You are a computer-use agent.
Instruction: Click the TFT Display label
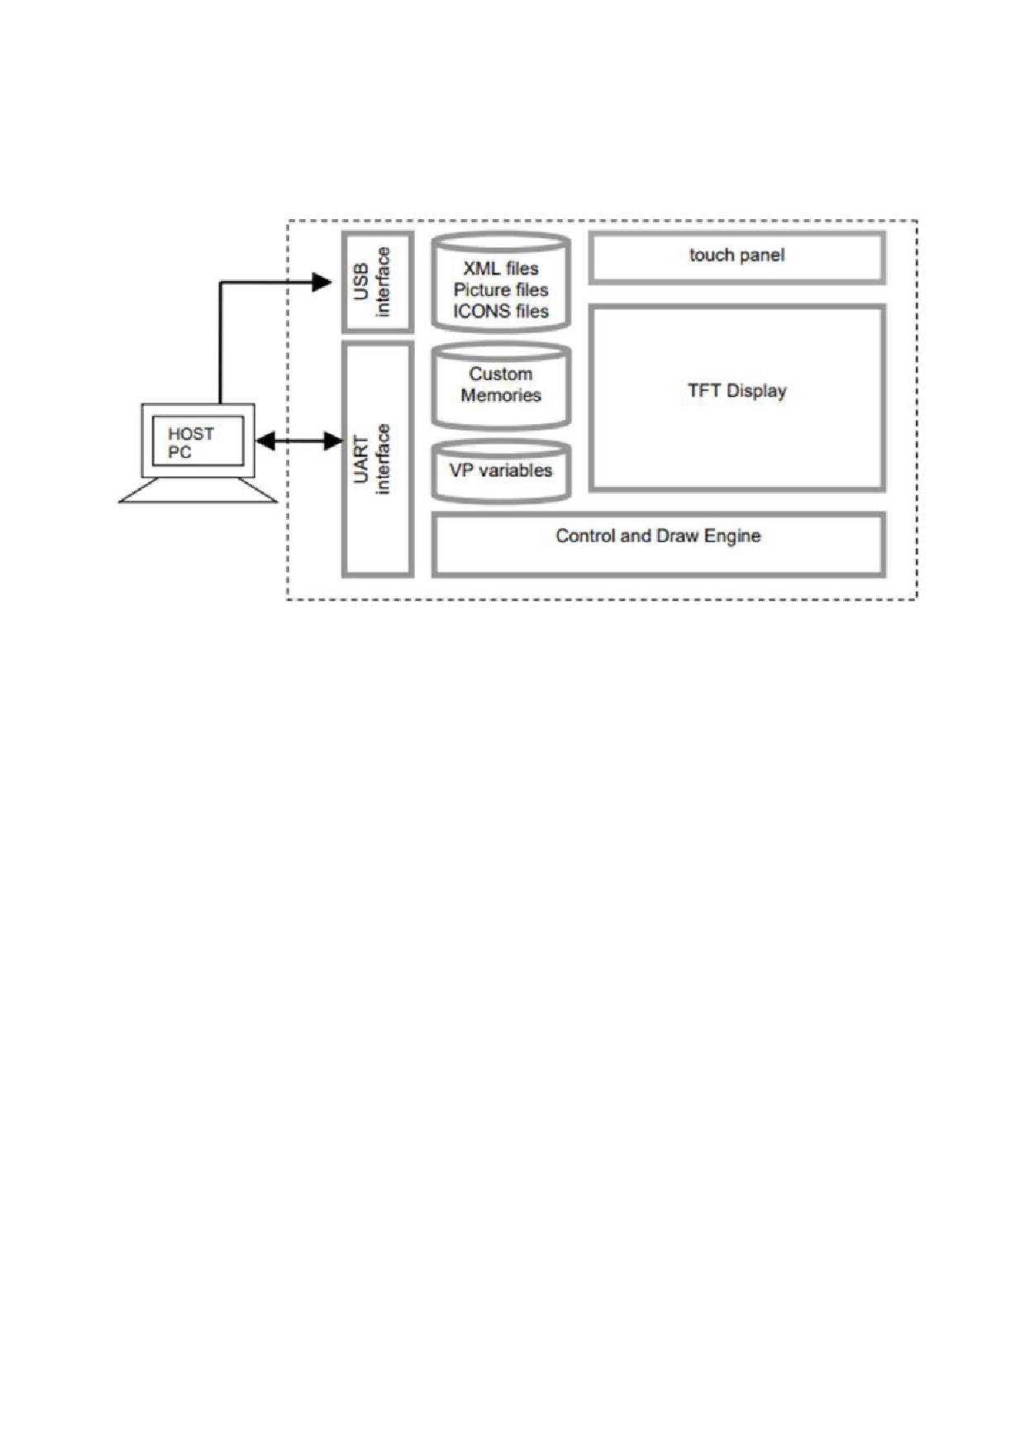[x=737, y=391]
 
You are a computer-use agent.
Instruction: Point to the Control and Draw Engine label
[x=658, y=536]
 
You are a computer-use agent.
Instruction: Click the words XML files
[x=501, y=269]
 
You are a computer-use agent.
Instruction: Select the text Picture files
[x=501, y=290]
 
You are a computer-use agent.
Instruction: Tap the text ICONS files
[x=501, y=312]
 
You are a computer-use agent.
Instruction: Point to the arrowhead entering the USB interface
[x=322, y=283]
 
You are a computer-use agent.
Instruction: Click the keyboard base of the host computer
[x=198, y=489]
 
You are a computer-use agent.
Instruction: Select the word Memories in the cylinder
[x=501, y=396]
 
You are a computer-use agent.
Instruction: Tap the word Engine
[x=732, y=537]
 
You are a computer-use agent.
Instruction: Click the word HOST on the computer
[x=191, y=434]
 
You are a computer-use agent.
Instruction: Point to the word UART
[x=361, y=459]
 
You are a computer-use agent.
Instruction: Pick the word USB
[x=361, y=282]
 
